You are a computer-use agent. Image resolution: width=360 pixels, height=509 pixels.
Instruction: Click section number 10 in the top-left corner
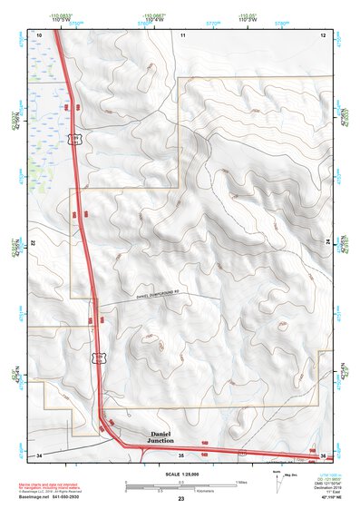(x=39, y=34)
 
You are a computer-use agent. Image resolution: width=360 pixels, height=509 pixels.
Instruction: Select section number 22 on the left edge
(x=32, y=244)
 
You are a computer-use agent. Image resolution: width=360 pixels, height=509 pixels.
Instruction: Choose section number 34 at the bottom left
(x=39, y=454)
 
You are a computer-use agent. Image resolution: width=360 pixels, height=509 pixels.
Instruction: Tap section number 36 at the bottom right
(x=322, y=455)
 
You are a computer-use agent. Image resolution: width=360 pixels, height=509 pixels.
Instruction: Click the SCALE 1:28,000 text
(x=180, y=474)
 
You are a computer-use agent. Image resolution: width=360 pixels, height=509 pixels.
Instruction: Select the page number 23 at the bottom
(x=180, y=500)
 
